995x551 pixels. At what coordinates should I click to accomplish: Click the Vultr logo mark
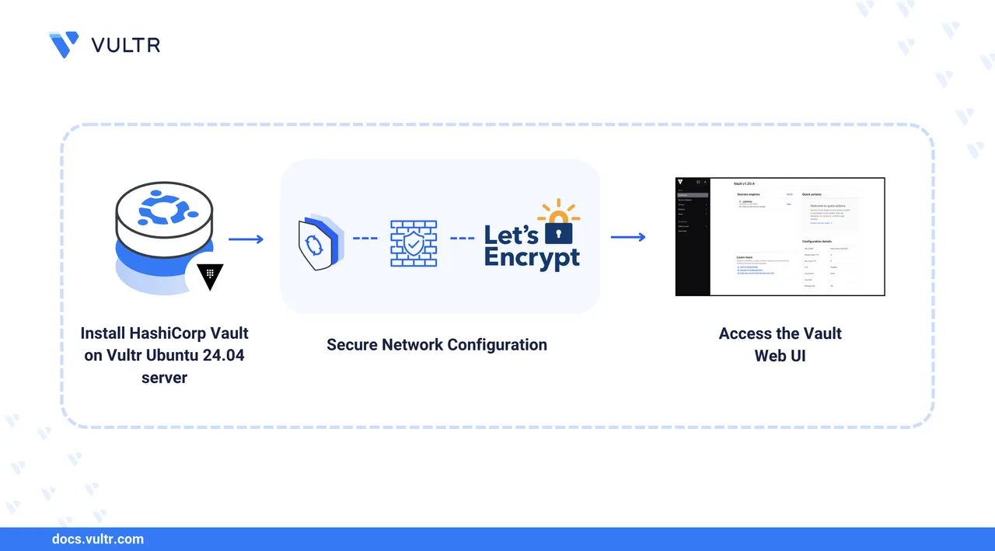pos(63,44)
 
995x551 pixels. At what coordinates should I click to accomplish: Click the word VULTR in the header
pos(126,45)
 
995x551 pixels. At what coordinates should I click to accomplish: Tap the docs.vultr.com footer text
pos(97,539)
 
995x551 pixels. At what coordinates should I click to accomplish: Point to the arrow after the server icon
pos(246,239)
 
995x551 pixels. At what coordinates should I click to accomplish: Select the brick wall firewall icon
pos(413,244)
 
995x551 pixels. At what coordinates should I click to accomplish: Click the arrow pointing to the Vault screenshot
pos(628,237)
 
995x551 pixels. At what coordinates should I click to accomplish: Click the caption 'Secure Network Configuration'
pos(437,344)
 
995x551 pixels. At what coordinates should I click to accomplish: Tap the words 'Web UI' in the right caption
pos(780,355)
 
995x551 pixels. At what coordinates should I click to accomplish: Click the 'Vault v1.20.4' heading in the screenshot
pos(745,184)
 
